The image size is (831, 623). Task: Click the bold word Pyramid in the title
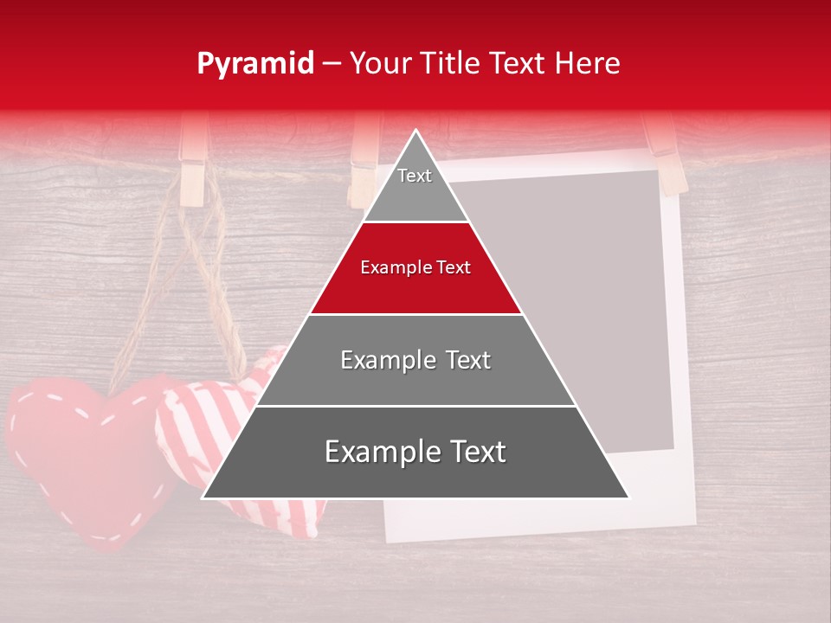pyautogui.click(x=254, y=64)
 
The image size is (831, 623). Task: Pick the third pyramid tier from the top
pyautogui.click(x=415, y=360)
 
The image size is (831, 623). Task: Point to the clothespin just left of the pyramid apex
pyautogui.click(x=364, y=160)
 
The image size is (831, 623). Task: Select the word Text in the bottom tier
pyautogui.click(x=475, y=453)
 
